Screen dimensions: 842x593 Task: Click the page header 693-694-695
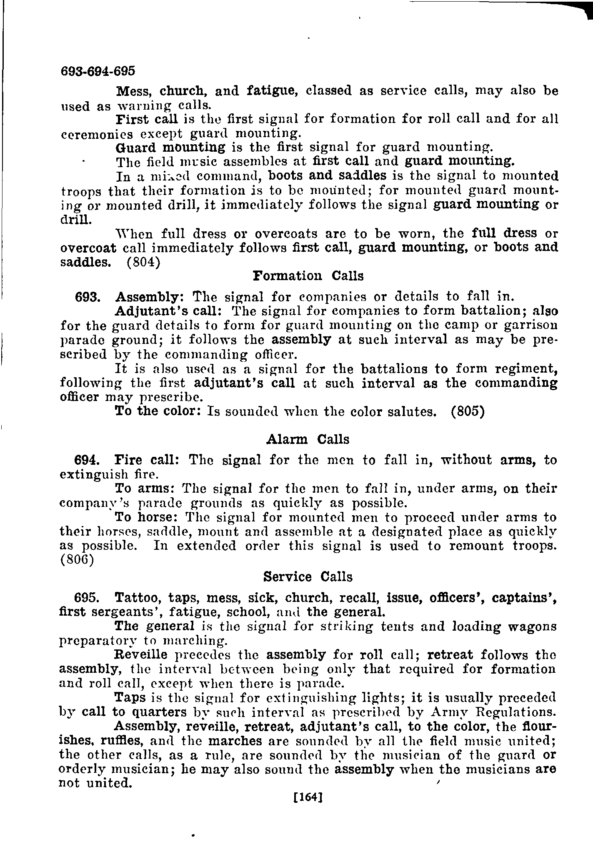point(98,71)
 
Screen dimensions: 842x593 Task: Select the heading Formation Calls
point(308,276)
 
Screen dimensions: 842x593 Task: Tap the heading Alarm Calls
point(308,439)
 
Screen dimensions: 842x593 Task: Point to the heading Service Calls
point(308,577)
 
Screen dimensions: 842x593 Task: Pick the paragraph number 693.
point(87,297)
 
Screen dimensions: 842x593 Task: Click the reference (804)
point(143,262)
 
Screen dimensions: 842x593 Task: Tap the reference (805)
point(467,411)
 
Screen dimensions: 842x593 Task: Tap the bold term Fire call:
point(147,460)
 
